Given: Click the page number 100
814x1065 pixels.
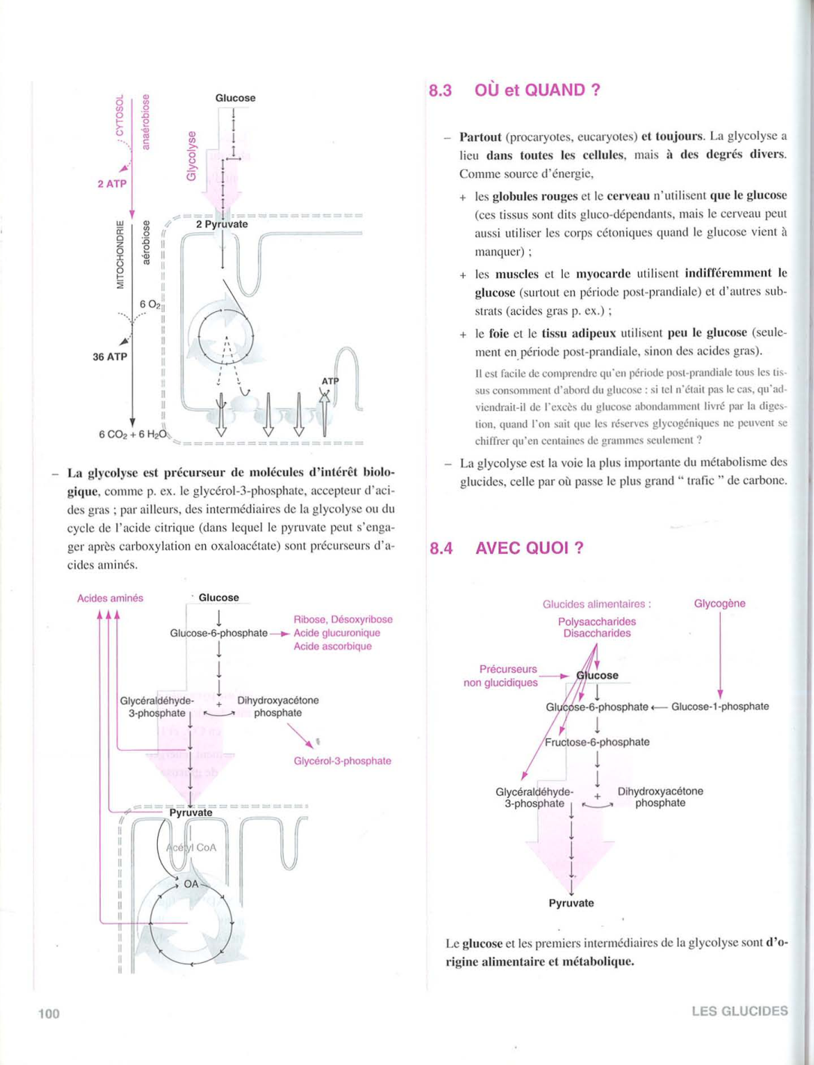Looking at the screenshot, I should (49, 1014).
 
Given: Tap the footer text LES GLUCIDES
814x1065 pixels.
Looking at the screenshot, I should (740, 1011).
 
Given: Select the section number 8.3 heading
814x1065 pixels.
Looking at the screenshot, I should (440, 91).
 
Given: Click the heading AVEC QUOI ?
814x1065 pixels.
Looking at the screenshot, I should (529, 548).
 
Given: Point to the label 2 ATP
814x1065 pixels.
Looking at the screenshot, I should (112, 183).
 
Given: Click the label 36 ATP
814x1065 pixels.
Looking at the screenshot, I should (110, 357).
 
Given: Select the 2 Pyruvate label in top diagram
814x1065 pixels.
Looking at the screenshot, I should (222, 224).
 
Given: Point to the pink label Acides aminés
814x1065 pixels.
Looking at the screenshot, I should (110, 598).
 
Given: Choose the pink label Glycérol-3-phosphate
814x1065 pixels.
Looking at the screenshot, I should (342, 761).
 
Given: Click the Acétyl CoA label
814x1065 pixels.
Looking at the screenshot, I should (192, 847).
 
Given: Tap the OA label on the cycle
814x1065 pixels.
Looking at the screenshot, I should (192, 884).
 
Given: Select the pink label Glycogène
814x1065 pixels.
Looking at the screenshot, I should (719, 604).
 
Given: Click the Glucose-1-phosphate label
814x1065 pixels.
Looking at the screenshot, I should (719, 706).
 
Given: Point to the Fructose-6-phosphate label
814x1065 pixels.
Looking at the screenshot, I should (597, 742).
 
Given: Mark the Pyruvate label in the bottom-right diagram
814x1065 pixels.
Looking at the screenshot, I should (571, 903).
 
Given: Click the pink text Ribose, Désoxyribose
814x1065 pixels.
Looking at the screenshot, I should (343, 619).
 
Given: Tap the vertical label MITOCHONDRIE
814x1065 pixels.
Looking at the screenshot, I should (119, 254).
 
